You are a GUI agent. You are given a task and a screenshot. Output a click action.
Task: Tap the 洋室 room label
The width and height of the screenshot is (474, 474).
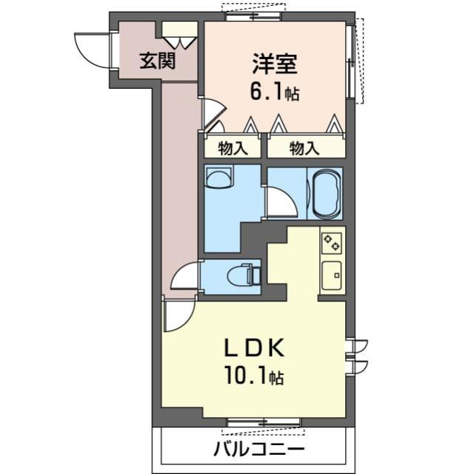(x=274, y=65)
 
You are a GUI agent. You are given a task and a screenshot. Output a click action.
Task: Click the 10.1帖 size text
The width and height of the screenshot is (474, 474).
(x=253, y=377)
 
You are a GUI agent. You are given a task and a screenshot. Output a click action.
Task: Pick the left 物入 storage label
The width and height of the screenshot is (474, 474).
(x=233, y=148)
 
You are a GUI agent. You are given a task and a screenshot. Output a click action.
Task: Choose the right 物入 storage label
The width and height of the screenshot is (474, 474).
(x=304, y=148)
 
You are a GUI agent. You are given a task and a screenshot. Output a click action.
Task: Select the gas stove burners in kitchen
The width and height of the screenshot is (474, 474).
(x=331, y=242)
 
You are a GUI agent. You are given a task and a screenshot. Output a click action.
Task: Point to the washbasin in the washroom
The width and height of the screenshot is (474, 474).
(x=218, y=178)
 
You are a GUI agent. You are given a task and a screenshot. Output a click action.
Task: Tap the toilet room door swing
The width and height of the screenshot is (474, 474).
(x=184, y=277)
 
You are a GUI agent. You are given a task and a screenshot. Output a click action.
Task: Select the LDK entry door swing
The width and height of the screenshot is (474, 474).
(x=178, y=315)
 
